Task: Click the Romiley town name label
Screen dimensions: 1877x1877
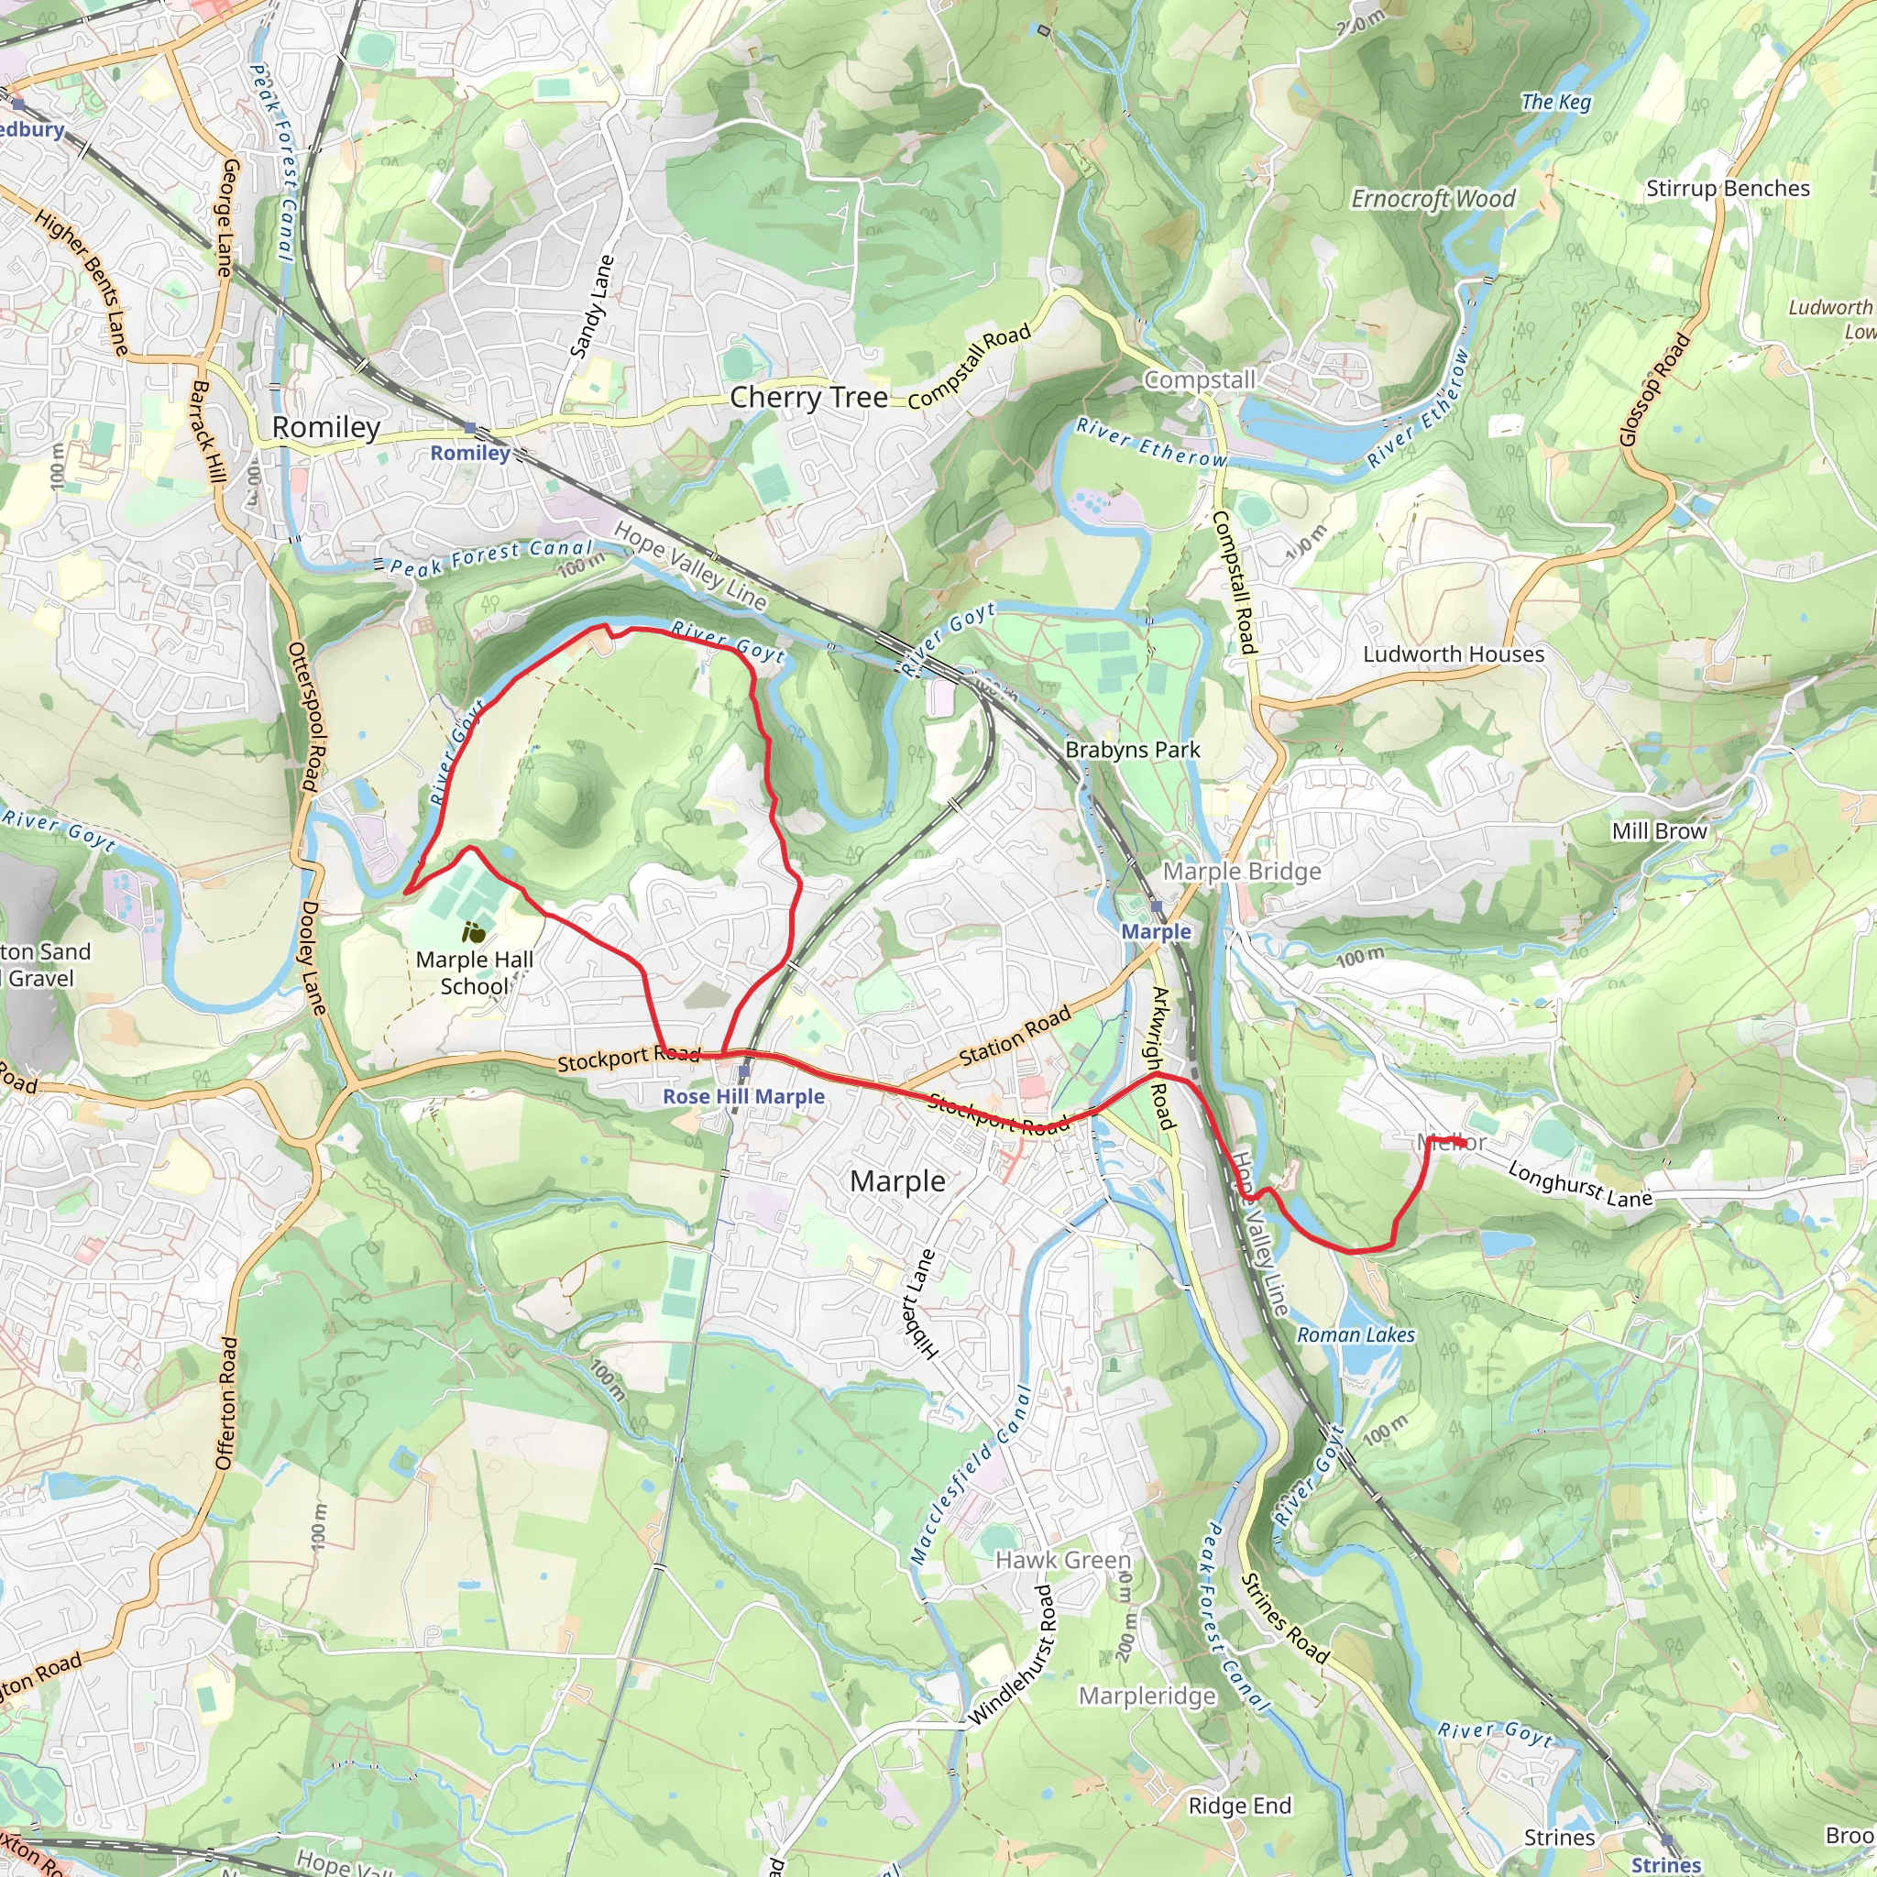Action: (325, 427)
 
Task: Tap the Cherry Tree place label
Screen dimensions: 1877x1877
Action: (808, 398)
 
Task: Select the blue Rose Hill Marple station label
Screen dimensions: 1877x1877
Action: (743, 1097)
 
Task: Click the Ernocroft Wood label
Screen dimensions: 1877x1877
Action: (1432, 199)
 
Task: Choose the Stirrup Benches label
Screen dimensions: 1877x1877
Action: (1728, 189)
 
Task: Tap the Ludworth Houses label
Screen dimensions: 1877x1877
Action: (1453, 653)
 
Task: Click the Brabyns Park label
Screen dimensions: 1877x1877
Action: (1132, 750)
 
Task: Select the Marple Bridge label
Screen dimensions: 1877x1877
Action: (1242, 872)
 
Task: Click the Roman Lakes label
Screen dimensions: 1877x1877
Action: (1356, 1334)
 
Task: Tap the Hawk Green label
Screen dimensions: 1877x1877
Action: (1063, 1559)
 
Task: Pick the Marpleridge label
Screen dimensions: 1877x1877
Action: (1147, 1696)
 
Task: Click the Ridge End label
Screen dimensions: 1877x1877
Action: (1240, 1806)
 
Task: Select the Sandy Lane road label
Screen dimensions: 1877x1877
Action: (592, 306)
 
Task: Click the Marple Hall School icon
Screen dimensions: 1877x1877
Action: (473, 933)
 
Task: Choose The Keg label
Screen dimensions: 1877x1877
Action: (1555, 102)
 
